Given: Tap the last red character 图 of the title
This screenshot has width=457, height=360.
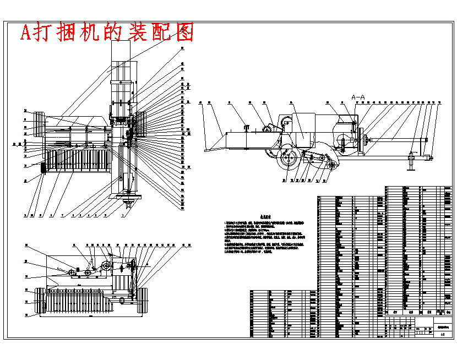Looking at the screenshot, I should pyautogui.click(x=186, y=33).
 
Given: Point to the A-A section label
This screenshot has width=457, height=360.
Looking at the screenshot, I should pyautogui.click(x=358, y=96).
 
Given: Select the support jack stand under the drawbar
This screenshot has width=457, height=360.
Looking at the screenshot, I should pyautogui.click(x=410, y=161).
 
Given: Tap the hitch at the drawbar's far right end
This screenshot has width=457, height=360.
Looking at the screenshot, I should pyautogui.click(x=430, y=158).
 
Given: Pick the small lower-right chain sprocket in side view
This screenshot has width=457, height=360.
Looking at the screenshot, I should pyautogui.click(x=332, y=166).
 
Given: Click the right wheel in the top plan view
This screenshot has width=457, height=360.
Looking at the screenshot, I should pyautogui.click(x=140, y=123).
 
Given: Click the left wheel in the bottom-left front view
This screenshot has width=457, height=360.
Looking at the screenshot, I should pyautogui.click(x=40, y=302).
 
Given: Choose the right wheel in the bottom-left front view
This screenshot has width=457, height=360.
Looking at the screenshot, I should pyautogui.click(x=142, y=301).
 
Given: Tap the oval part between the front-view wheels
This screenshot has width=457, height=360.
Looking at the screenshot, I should pyautogui.click(x=121, y=301).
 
